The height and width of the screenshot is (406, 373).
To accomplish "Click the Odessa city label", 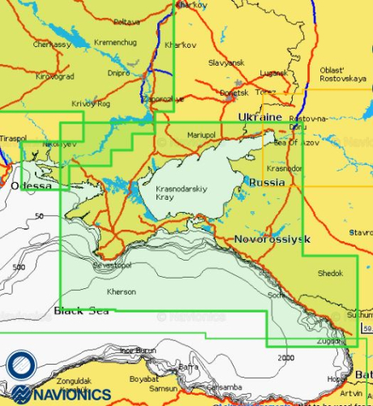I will (32, 186).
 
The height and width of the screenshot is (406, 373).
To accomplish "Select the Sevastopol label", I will (111, 265).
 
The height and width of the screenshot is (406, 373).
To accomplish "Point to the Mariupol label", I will (200, 134).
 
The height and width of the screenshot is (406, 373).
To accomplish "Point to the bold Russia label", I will (267, 182).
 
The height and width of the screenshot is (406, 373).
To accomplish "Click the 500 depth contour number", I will (19, 267).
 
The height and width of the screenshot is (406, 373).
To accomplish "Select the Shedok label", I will (331, 273).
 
